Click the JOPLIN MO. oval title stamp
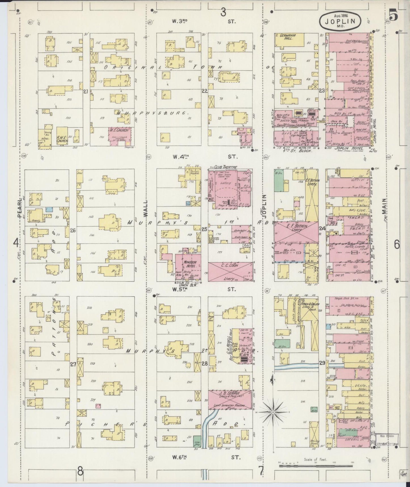coord(340,22)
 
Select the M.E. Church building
coord(119,136)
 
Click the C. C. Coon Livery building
coord(230,272)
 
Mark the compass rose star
coord(273,412)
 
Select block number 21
coord(85,91)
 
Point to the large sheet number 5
coord(393,15)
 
